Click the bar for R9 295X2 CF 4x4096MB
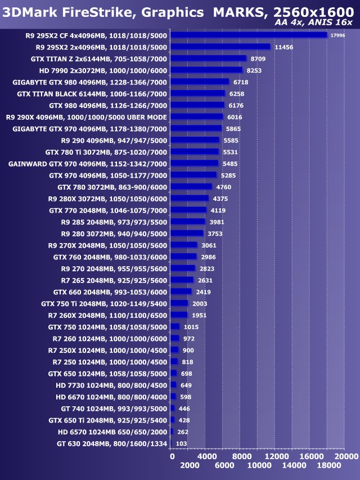pyautogui.click(x=248, y=35)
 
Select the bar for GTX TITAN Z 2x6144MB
pyautogui.click(x=208, y=58)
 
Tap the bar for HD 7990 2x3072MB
pyautogui.click(x=206, y=70)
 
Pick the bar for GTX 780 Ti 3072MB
pyautogui.click(x=194, y=151)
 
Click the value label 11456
pyautogui.click(x=284, y=47)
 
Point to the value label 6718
pyautogui.click(x=241, y=82)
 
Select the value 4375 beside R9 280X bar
pyautogui.click(x=220, y=198)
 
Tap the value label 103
pyautogui.click(x=182, y=443)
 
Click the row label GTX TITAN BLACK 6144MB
pyautogui.click(x=92, y=93)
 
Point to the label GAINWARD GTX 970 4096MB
pyautogui.click(x=88, y=163)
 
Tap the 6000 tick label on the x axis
pyautogui.click(x=224, y=466)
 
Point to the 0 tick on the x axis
pyautogui.click(x=172, y=456)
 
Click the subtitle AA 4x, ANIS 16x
pyautogui.click(x=314, y=22)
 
